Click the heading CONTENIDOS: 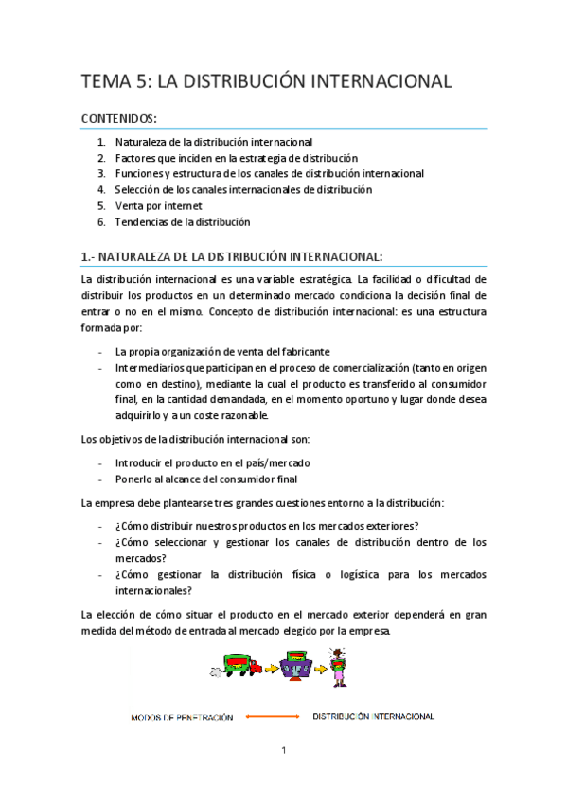(x=120, y=118)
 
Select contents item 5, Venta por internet (x=158, y=205)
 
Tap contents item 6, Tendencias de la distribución (x=182, y=221)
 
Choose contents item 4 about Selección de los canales (x=243, y=189)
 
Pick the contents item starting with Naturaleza (x=213, y=142)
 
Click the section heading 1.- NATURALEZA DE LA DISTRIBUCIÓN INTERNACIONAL (x=232, y=256)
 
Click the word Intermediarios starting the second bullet (x=157, y=367)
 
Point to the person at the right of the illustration (x=337, y=665)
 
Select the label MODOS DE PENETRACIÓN (x=182, y=718)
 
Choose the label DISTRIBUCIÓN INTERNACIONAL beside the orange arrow (x=373, y=717)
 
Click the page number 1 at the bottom (x=284, y=751)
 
